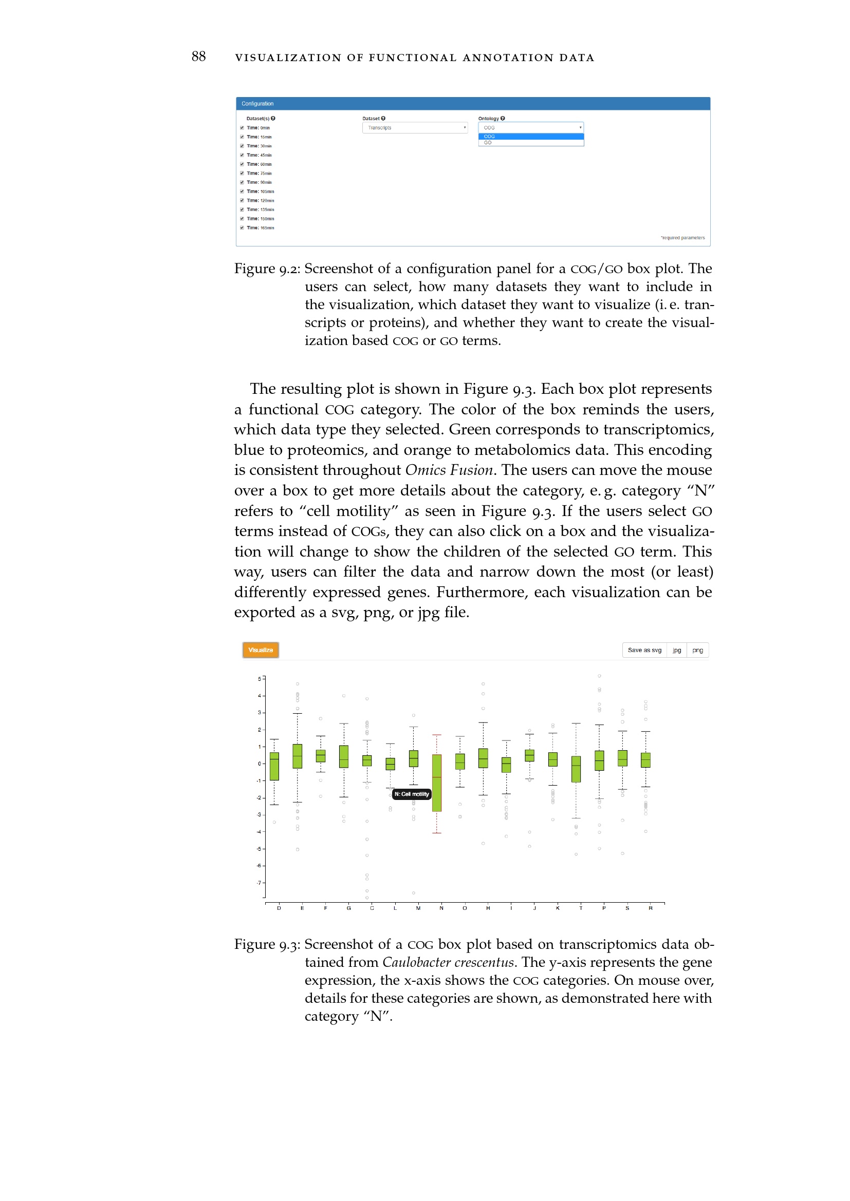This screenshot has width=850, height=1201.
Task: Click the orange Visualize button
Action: coord(260,650)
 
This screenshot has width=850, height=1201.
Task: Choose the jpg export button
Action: coord(677,650)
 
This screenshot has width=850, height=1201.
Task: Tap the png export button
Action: coord(697,650)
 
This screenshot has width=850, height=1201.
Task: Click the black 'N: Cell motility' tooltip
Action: coord(412,794)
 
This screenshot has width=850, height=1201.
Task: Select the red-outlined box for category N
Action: coord(436,783)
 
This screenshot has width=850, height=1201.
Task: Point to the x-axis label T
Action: coord(580,908)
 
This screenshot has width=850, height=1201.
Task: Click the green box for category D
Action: coord(274,766)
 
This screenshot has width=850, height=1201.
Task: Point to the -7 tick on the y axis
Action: coord(259,883)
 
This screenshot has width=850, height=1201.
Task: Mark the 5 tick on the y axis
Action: coord(259,679)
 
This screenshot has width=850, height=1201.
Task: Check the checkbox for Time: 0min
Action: coord(242,128)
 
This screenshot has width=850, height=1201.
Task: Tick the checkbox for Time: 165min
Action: coord(242,227)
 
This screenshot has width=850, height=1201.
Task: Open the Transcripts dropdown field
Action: coord(415,128)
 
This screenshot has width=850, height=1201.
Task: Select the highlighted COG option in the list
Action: coord(531,137)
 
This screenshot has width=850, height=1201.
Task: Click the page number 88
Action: coord(198,56)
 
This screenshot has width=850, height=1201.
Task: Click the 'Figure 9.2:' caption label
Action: coord(267,269)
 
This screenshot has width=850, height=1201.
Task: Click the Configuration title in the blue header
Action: coord(257,104)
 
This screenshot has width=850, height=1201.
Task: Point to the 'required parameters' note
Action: coord(682,238)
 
